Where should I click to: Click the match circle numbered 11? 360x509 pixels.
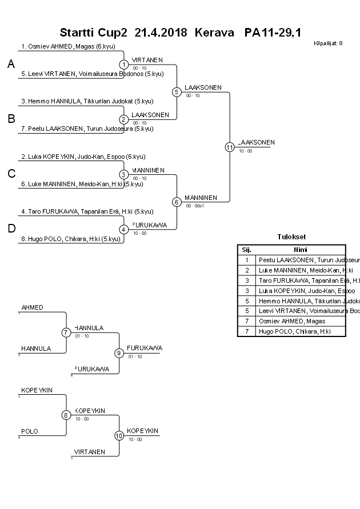(x=230, y=147)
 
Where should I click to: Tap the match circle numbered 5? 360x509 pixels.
(x=177, y=91)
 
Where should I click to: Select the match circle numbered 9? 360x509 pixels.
(x=119, y=352)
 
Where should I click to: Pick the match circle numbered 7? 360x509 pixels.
(x=66, y=332)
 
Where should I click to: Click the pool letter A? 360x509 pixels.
(x=11, y=65)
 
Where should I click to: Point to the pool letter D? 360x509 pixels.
(x=11, y=229)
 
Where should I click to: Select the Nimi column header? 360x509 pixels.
(x=300, y=250)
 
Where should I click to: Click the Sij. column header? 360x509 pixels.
(x=247, y=250)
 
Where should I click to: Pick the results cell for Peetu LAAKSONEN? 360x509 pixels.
(x=301, y=260)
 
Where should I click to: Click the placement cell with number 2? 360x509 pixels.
(x=247, y=270)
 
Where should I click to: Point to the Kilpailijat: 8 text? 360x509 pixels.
(x=328, y=43)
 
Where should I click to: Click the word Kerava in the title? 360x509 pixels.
(x=214, y=33)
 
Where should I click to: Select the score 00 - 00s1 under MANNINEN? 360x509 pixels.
(x=195, y=206)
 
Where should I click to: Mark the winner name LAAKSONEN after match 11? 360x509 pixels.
(x=256, y=142)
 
